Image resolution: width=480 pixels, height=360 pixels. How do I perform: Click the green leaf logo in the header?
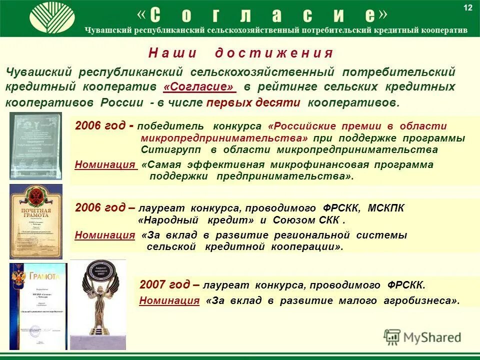tap(52, 18)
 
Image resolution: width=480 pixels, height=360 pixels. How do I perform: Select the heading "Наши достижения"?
tap(240, 53)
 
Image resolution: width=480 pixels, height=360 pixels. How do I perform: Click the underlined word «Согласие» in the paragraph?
tap(199, 86)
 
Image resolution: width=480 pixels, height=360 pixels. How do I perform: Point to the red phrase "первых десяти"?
tap(253, 102)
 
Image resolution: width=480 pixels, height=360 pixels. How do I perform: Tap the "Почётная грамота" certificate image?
tap(35, 220)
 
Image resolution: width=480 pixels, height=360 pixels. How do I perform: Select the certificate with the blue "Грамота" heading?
tap(38, 306)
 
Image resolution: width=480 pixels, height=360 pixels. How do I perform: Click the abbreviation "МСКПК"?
tap(386, 208)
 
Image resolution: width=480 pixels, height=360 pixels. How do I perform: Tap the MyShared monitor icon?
tap(392, 337)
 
